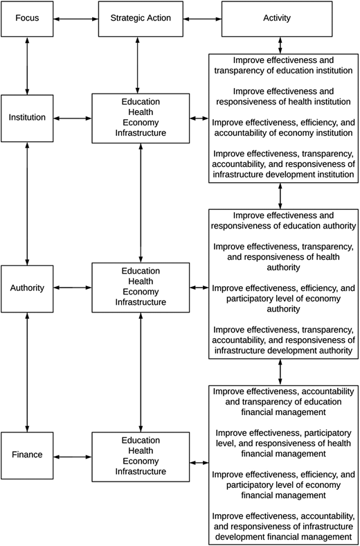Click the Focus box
(x=27, y=19)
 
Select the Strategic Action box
(x=141, y=19)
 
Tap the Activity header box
(x=277, y=19)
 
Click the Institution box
(x=27, y=118)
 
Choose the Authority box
(x=27, y=289)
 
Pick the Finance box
(x=27, y=455)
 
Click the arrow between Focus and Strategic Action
(x=76, y=19)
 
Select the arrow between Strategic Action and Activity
(x=202, y=19)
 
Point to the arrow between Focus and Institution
(x=27, y=65)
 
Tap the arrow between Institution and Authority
(x=27, y=203)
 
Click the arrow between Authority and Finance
(x=27, y=372)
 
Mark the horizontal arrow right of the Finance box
(x=73, y=456)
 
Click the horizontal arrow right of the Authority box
(x=73, y=288)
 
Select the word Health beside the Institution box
(x=141, y=112)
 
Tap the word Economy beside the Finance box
(x=141, y=461)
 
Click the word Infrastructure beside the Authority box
(x=141, y=302)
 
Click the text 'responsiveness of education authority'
(x=283, y=226)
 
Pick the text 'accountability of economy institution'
(x=283, y=133)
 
